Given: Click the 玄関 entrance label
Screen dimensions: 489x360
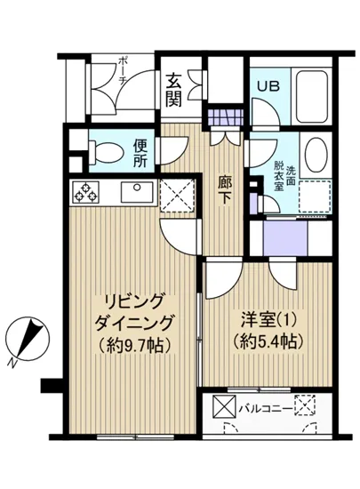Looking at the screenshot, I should pos(173,87).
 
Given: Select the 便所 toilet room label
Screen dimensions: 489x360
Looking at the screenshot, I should pos(140,153).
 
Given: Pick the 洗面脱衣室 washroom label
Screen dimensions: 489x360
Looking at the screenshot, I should pos(278,176).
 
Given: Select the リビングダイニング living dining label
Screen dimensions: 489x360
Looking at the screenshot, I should pos(130,310).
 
